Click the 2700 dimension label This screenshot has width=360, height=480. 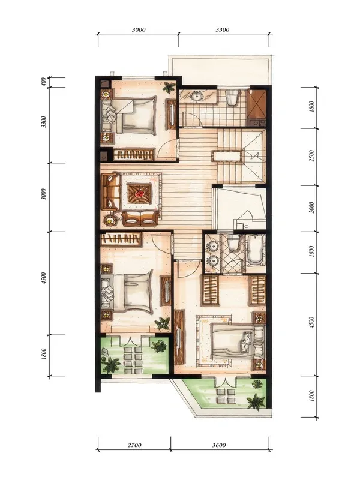point(134,445)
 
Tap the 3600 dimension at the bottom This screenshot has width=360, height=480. point(219,445)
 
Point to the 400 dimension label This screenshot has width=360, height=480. point(44,82)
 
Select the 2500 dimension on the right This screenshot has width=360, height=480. point(311,156)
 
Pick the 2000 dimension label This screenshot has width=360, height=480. point(311,208)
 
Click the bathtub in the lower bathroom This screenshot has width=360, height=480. point(256,250)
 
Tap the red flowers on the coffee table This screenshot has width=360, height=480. point(140,193)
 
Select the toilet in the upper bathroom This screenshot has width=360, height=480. point(232,97)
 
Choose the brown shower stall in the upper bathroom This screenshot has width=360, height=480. point(257,104)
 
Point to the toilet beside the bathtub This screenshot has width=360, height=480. point(233,242)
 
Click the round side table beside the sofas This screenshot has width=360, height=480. point(110,220)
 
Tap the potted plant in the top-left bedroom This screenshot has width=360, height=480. point(169,87)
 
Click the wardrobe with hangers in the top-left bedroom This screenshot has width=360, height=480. point(134,155)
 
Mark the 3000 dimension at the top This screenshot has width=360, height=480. point(139,29)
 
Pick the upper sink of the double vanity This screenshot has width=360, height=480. point(212,246)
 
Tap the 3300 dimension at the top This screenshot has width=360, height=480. point(223,29)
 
